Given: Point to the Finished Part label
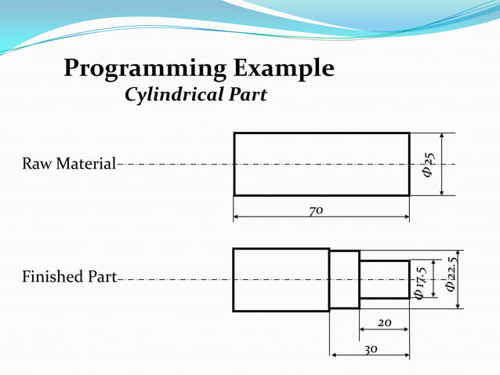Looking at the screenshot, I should pyautogui.click(x=69, y=277).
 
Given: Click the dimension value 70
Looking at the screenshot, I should pyautogui.click(x=317, y=210).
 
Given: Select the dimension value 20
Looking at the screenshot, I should pyautogui.click(x=384, y=322).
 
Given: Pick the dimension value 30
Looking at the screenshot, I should pyautogui.click(x=369, y=348).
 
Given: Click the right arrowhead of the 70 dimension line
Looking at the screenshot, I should pyautogui.click(x=405, y=217).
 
